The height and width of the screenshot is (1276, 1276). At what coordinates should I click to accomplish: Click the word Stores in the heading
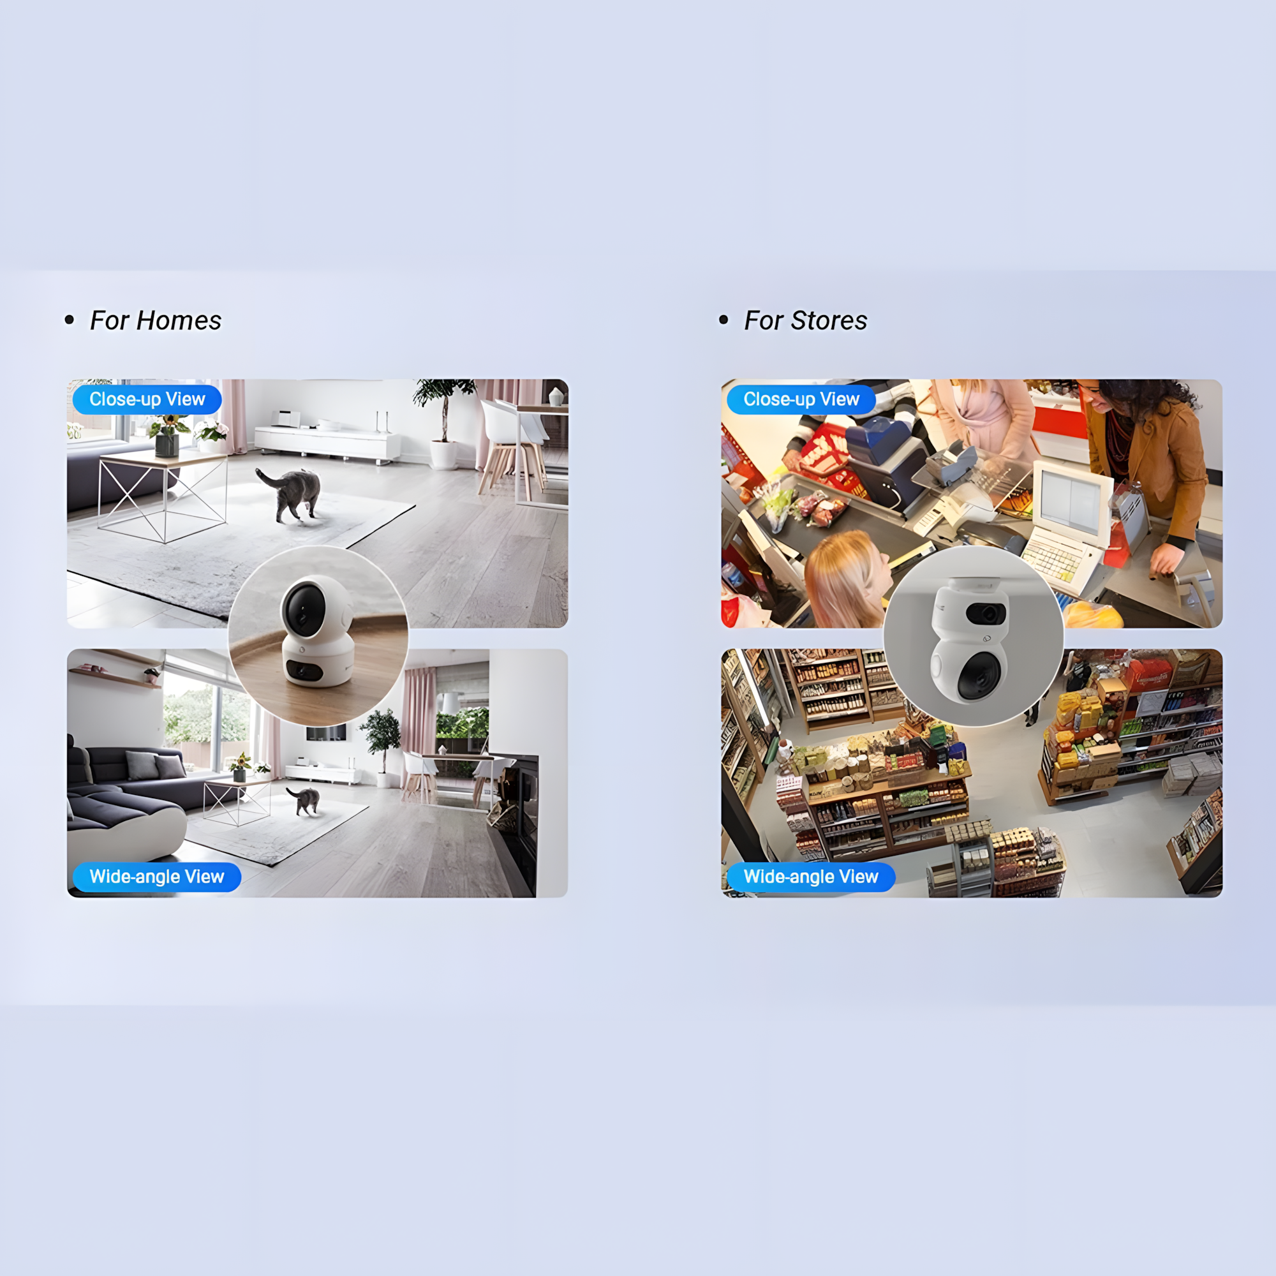point(829,320)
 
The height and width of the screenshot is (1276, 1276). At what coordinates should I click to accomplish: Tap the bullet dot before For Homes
point(70,320)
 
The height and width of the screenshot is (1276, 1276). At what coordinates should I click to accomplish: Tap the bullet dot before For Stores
point(724,320)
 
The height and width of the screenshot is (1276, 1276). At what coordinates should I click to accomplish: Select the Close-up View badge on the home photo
point(147,399)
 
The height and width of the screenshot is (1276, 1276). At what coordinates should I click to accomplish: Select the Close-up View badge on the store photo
point(801,399)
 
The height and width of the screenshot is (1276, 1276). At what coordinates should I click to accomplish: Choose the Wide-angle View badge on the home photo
point(156,877)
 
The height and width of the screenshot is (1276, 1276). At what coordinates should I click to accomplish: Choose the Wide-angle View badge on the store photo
point(811,877)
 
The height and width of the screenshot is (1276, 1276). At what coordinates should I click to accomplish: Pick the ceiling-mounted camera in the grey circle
point(970,639)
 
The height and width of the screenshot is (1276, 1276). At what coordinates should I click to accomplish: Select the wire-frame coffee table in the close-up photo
point(163,495)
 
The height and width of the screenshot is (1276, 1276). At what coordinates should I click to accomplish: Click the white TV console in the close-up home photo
point(327,444)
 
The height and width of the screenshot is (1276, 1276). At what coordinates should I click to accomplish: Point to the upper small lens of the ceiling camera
point(987,614)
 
